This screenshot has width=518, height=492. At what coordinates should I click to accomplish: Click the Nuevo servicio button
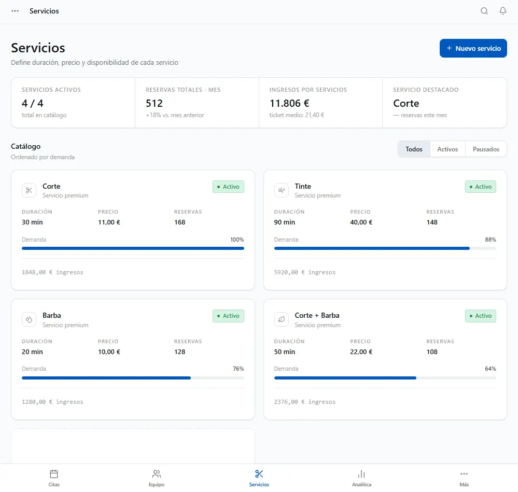473,48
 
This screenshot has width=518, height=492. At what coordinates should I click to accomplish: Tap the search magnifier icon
484,11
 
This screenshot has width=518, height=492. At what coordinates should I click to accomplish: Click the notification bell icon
502,11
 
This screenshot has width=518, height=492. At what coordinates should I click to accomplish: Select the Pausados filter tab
486,149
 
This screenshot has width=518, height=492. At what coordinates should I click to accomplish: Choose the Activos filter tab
447,149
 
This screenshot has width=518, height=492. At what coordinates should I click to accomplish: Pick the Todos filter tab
414,149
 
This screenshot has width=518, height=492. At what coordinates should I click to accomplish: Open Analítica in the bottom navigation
361,479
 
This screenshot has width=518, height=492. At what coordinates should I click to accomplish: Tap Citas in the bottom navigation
54,479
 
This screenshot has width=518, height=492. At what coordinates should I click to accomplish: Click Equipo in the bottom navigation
156,479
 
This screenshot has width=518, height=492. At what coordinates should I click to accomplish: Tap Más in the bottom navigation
464,479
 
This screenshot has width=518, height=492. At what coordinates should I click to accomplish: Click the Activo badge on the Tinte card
480,187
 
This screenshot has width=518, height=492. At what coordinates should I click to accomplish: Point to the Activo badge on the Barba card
228,316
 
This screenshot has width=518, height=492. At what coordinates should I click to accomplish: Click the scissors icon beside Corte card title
29,190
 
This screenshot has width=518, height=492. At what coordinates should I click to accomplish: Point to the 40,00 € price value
361,222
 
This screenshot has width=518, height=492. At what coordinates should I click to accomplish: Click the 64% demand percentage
490,369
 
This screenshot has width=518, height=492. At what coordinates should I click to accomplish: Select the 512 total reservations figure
155,103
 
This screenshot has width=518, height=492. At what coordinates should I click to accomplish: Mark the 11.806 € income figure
289,103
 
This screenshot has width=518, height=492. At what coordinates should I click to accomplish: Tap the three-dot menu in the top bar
15,11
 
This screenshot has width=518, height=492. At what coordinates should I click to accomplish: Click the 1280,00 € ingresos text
52,402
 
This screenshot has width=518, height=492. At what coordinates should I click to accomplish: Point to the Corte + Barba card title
317,315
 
